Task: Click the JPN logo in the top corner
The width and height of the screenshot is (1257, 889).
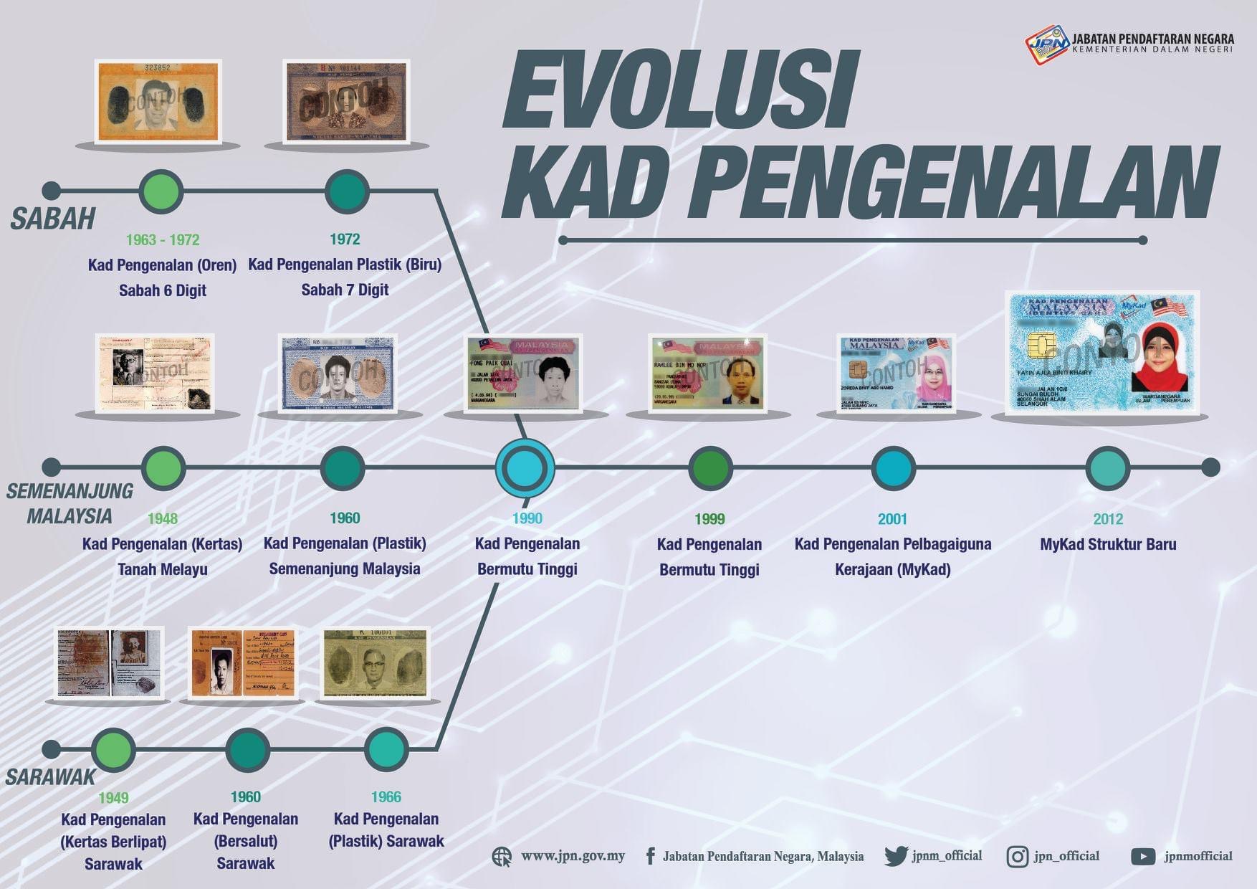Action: tap(1046, 44)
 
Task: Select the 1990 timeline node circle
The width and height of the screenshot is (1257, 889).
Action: tap(525, 467)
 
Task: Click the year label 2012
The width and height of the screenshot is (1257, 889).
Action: tap(1108, 519)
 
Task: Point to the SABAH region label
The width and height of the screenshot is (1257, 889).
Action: tap(53, 219)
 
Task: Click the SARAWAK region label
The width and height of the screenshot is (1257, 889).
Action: tap(50, 777)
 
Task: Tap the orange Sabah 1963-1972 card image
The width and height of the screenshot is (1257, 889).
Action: tap(158, 101)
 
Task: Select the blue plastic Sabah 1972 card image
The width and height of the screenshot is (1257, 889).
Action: tap(346, 101)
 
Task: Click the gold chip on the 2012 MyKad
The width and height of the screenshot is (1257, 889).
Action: tap(1041, 345)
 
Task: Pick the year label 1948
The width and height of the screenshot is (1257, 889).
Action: tap(163, 518)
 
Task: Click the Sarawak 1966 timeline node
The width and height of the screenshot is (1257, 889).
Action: tap(386, 749)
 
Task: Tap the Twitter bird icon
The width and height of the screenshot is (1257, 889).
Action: tap(896, 856)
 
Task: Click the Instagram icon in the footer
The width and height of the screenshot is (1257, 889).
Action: tap(1017, 857)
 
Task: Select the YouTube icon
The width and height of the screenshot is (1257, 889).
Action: tap(1142, 857)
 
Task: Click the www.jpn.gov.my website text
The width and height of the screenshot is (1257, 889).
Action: tap(573, 856)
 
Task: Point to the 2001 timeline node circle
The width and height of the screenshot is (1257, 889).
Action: tap(893, 468)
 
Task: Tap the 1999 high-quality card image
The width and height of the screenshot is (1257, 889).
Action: tap(708, 373)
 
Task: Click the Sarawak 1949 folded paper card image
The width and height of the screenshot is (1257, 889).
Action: tap(110, 662)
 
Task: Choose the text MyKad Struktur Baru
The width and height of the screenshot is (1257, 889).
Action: tap(1108, 544)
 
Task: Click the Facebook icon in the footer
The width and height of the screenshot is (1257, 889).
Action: tap(650, 856)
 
